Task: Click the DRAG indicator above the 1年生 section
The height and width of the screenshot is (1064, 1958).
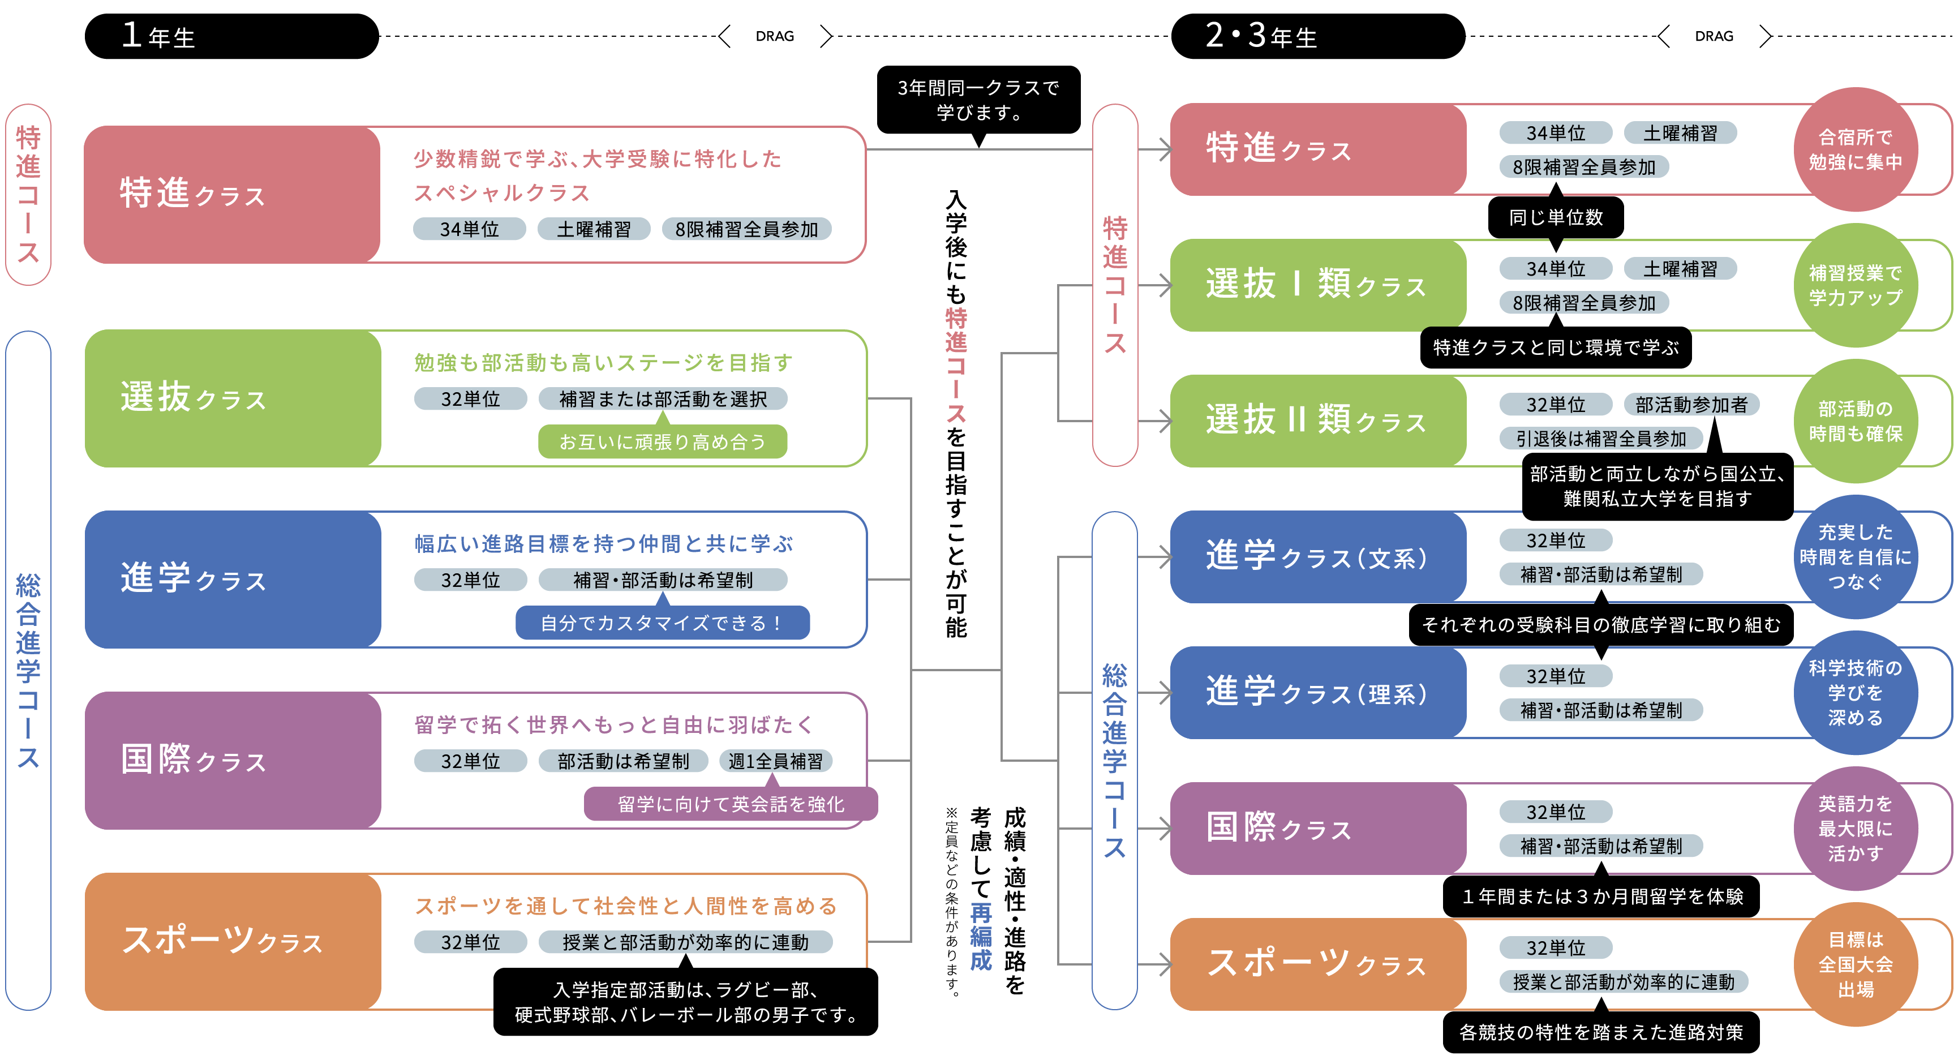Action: pyautogui.click(x=775, y=36)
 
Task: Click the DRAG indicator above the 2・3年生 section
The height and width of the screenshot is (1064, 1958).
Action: pyautogui.click(x=1714, y=36)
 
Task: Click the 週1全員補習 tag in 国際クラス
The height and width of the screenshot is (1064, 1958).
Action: pyautogui.click(x=775, y=761)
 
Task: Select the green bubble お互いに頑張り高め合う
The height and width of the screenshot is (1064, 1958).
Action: pyautogui.click(x=662, y=441)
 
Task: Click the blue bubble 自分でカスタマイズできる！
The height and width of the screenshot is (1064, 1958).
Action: pyautogui.click(x=662, y=623)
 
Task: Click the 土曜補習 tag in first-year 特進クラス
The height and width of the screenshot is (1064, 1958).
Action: pyautogui.click(x=594, y=229)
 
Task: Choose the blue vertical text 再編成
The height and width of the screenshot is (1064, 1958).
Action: pyautogui.click(x=981, y=936)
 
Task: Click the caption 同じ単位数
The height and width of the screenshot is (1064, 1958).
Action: pyautogui.click(x=1555, y=217)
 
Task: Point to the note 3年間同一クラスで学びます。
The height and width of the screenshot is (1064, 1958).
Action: pyautogui.click(x=978, y=100)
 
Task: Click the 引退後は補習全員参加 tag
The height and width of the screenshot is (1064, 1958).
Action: pyautogui.click(x=1601, y=439)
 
